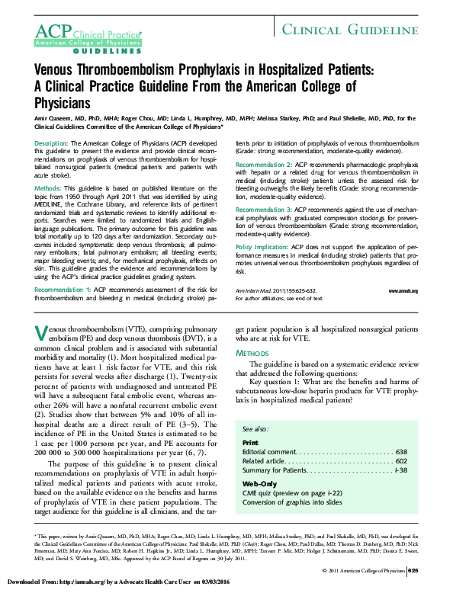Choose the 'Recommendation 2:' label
[x=263, y=165]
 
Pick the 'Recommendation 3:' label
[x=263, y=209]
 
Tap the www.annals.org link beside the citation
[x=403, y=291]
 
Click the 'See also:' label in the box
[x=256, y=430]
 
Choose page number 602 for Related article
[x=400, y=462]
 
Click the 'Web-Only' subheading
[x=259, y=484]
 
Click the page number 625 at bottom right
[x=413, y=570]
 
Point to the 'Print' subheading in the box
[x=250, y=442]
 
